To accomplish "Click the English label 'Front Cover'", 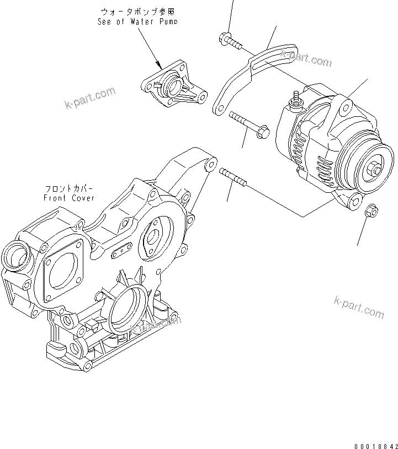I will (70, 198).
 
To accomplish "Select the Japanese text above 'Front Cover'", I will (70, 188).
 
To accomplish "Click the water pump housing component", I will (172, 89).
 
